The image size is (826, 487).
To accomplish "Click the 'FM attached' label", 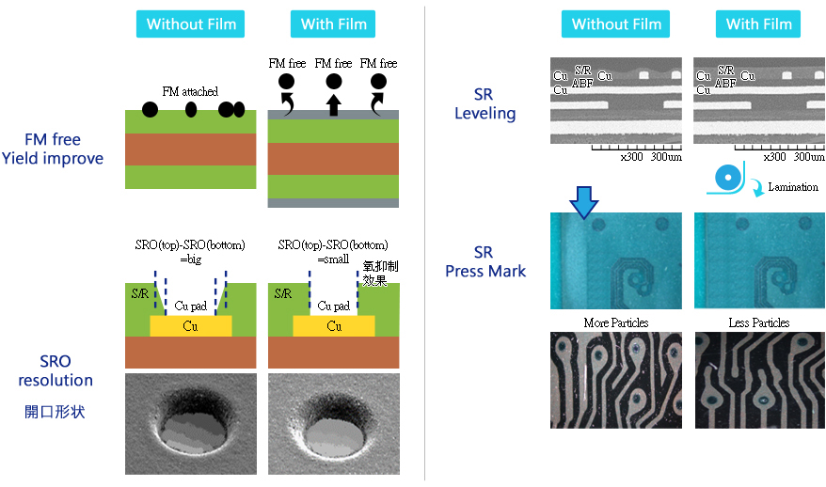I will (x=190, y=91).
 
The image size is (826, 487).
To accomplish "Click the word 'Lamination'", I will (x=793, y=187).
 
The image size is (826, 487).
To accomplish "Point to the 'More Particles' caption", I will (x=616, y=322).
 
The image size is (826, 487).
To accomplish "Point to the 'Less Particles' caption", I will (x=758, y=322).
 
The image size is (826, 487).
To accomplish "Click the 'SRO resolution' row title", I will (x=55, y=370).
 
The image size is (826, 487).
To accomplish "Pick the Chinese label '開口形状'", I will (x=55, y=411).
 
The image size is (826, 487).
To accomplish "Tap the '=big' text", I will (x=191, y=259).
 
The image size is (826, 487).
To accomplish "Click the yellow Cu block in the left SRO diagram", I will (x=190, y=326).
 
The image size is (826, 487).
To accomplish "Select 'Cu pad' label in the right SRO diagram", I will (x=334, y=306).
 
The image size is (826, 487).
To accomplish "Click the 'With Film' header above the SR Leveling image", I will (x=758, y=24).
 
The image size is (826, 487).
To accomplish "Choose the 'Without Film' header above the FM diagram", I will (x=191, y=24).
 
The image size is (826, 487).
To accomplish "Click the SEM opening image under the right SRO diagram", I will (x=333, y=423).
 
